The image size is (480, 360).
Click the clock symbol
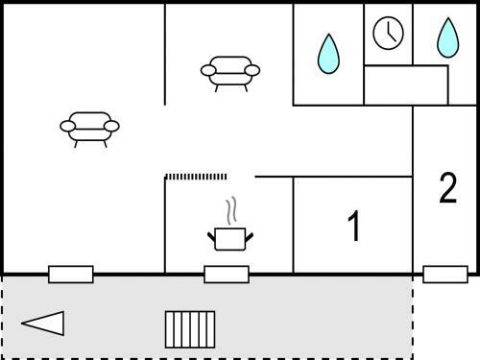tap(388, 33)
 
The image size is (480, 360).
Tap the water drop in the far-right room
tap(448, 37)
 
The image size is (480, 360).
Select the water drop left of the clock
tap(328, 54)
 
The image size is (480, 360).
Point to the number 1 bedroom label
tap(354, 226)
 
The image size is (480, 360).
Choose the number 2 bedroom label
tap(448, 188)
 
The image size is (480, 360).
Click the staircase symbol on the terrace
tap(190, 329)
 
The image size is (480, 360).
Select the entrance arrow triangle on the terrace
tap(43, 324)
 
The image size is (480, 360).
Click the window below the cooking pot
tap(227, 275)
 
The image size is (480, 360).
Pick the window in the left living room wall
tap(71, 275)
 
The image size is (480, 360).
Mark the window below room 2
tap(445, 275)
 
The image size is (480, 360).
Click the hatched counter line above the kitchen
tap(196, 177)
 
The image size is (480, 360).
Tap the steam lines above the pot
tap(231, 210)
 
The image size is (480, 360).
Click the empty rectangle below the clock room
tap(406, 85)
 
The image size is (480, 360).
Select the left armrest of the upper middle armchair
tap(208, 70)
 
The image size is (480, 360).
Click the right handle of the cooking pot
tap(250, 238)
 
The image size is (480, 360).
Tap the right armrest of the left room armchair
tap(112, 127)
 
